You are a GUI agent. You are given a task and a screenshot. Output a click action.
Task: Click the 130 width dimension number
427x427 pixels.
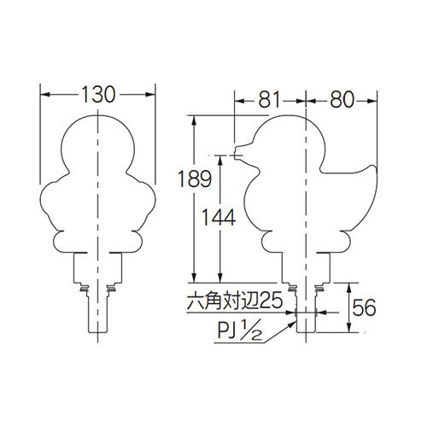pyautogui.click(x=98, y=95)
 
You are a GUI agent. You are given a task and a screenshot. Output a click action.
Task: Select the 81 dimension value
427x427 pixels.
pyautogui.click(x=269, y=100)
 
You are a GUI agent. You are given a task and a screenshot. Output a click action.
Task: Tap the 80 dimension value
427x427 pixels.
pyautogui.click(x=342, y=100)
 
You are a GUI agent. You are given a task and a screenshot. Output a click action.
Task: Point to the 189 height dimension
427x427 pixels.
pyautogui.click(x=195, y=178)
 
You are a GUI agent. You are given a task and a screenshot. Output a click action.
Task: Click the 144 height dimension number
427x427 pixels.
pyautogui.click(x=219, y=217)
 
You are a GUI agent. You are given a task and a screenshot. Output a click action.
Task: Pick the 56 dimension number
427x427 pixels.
pyautogui.click(x=364, y=307)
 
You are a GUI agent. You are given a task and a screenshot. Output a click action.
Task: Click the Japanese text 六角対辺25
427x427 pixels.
pyautogui.click(x=235, y=301)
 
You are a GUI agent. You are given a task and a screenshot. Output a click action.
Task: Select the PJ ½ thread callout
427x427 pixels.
pyautogui.click(x=240, y=330)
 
